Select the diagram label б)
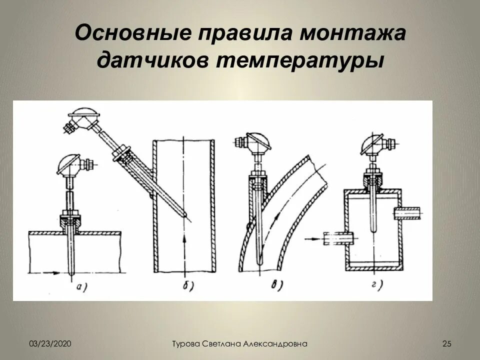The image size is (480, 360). [185, 286]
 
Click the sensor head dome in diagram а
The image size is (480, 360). [68, 164]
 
